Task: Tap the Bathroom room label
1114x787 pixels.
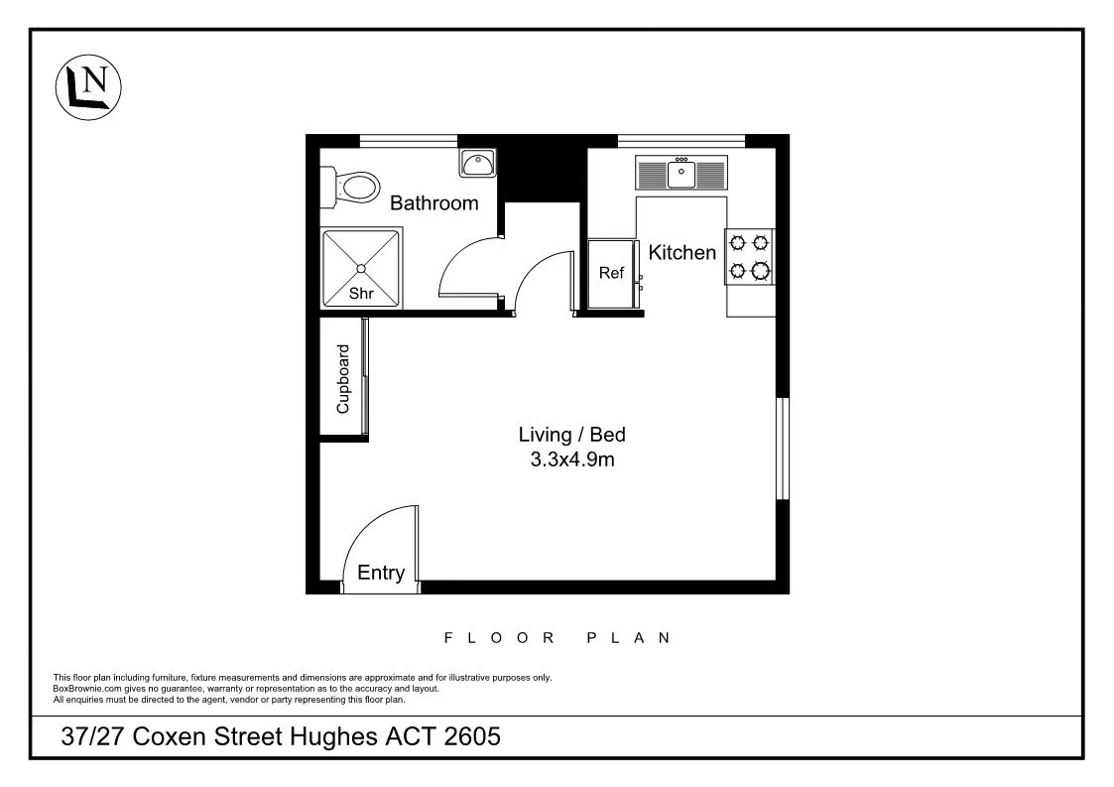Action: pyautogui.click(x=433, y=203)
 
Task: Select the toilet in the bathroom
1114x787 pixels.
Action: pyautogui.click(x=351, y=186)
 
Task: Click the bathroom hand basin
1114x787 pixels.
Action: pyautogui.click(x=477, y=162)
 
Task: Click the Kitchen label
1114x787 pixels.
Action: pyautogui.click(x=681, y=253)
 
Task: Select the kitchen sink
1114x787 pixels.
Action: pyautogui.click(x=681, y=175)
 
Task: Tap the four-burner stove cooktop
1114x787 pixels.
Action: pyautogui.click(x=750, y=256)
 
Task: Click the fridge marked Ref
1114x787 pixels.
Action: pyautogui.click(x=611, y=274)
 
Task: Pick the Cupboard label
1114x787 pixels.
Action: pyautogui.click(x=343, y=378)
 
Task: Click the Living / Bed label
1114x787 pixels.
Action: pyautogui.click(x=572, y=435)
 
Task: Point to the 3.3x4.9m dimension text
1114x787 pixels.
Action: pyautogui.click(x=572, y=459)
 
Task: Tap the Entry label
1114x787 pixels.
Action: pyautogui.click(x=381, y=573)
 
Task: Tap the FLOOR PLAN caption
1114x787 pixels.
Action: pyautogui.click(x=557, y=638)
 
